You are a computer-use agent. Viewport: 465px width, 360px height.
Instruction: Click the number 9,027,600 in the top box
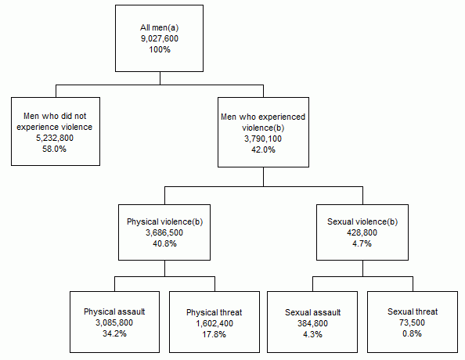coord(160,38)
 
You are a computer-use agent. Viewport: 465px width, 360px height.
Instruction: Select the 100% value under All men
coord(160,49)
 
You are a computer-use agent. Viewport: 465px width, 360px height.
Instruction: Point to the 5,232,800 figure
coord(56,138)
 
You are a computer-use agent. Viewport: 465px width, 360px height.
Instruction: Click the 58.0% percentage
coord(56,149)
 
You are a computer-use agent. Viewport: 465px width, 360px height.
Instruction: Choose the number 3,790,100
coord(263,139)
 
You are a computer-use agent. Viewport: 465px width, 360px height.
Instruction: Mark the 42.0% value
coord(263,149)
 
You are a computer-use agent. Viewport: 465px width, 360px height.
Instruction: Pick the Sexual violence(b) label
coord(362,221)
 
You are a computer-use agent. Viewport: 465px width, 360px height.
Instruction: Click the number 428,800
coord(362,232)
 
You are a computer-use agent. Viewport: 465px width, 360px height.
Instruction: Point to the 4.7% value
coord(362,243)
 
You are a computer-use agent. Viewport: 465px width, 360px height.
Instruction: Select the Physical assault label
coord(114,311)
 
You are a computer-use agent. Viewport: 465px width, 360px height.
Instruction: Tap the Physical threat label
coord(213,311)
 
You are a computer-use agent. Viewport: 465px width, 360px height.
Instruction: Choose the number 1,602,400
coord(213,322)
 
